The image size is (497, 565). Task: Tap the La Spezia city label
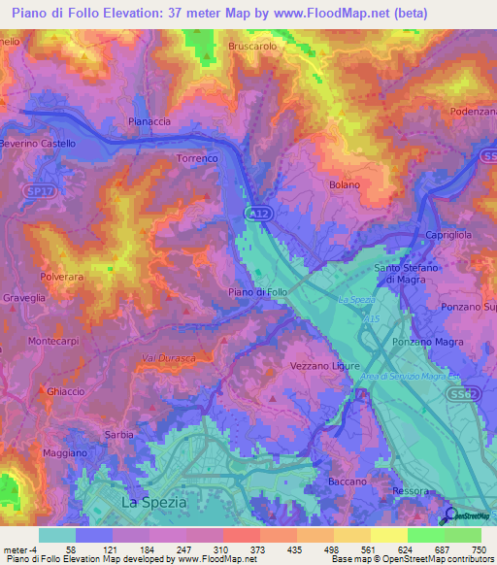click(x=151, y=502)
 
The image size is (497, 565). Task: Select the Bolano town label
click(x=345, y=184)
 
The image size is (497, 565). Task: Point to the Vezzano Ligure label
click(x=326, y=365)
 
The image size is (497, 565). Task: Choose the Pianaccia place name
click(x=149, y=121)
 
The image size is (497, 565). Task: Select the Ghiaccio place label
click(x=65, y=390)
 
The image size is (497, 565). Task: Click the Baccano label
click(x=348, y=482)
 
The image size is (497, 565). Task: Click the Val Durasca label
click(x=170, y=359)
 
